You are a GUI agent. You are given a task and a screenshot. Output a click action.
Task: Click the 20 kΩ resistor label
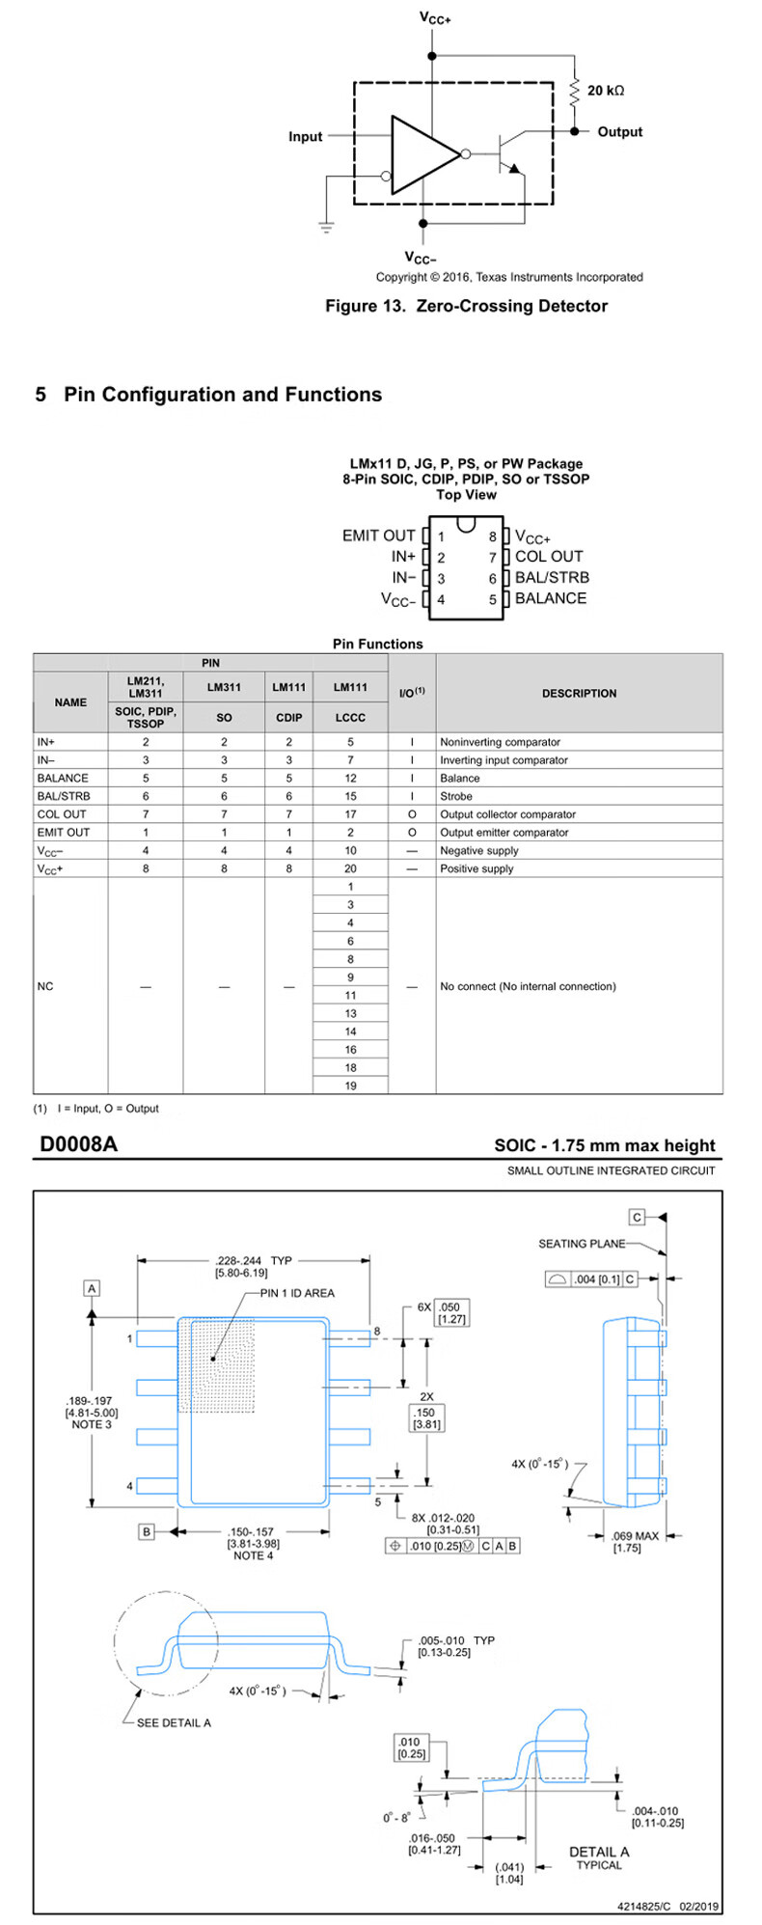(606, 91)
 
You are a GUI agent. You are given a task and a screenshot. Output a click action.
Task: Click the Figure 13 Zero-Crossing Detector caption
(466, 306)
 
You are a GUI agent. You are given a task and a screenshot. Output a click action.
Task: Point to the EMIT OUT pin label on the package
(378, 536)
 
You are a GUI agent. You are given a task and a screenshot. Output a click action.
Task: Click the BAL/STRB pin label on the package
(552, 578)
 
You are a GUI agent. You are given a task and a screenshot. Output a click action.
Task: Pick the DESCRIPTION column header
(579, 694)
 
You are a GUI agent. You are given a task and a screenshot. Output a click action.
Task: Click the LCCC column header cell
(350, 718)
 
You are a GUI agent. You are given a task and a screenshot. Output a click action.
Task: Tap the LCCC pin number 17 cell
(350, 814)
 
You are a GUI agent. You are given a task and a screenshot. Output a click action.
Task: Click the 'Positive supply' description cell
(476, 868)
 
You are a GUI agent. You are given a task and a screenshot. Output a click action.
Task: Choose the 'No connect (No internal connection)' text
(528, 986)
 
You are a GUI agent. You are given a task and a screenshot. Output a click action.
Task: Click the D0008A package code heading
(78, 1144)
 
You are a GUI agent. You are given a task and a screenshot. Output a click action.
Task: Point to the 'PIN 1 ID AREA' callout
(297, 1293)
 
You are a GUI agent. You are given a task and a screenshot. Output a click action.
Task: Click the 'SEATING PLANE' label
(582, 1244)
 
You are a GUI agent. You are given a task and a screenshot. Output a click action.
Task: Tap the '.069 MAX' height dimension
(635, 1536)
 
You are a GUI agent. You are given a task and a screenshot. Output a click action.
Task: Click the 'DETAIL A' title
(598, 1852)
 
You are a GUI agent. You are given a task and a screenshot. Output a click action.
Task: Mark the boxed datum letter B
(147, 1532)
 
